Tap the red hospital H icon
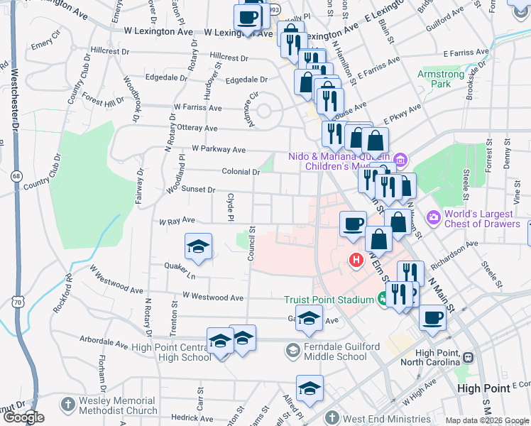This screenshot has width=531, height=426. click(356, 261)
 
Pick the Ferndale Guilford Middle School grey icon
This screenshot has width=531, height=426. click(292, 351)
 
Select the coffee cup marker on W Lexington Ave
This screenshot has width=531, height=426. click(248, 16)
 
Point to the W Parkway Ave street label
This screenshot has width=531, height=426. click(218, 150)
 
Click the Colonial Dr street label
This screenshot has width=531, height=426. click(241, 172)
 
